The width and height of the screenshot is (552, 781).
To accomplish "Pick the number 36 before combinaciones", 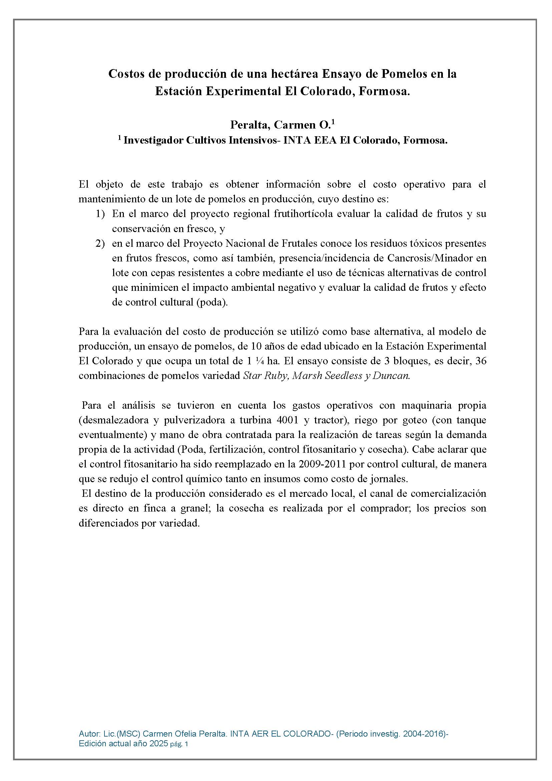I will point(481,361).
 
